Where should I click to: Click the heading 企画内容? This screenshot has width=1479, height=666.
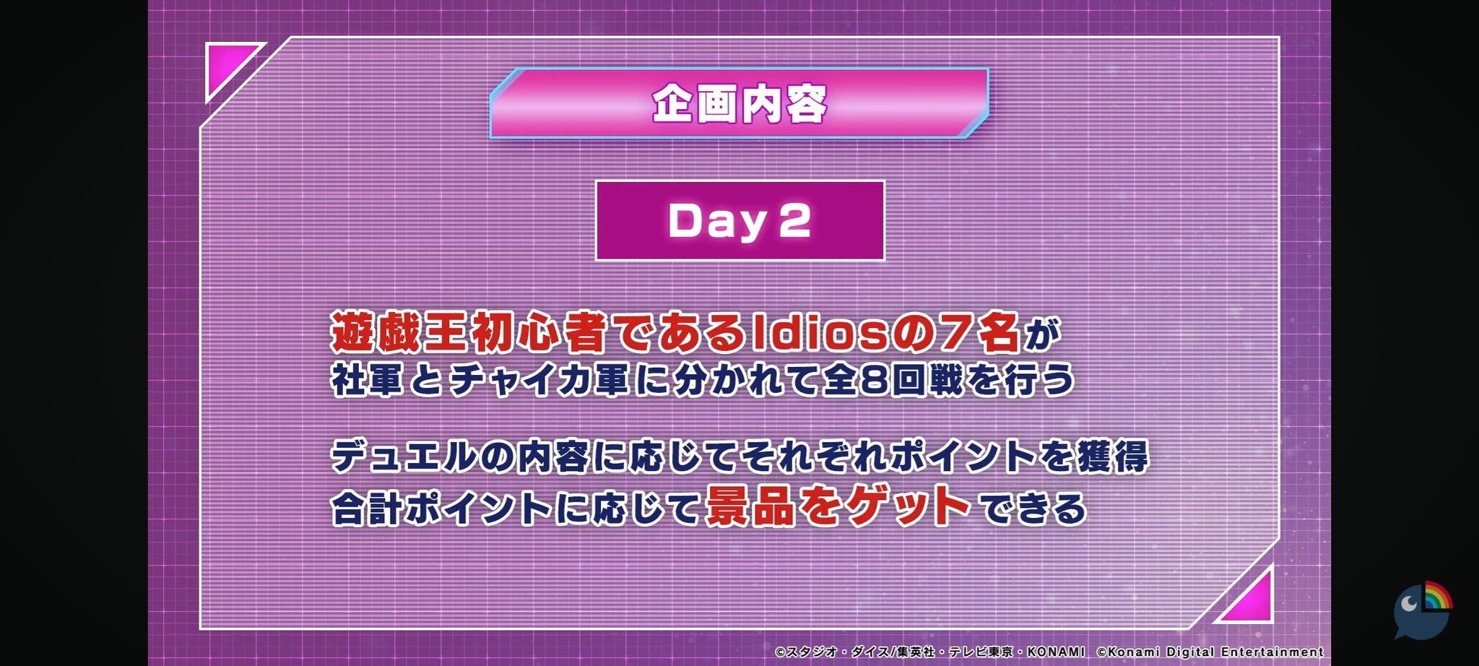739,104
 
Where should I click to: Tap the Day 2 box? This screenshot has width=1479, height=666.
739,220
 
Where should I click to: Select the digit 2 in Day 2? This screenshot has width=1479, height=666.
795,220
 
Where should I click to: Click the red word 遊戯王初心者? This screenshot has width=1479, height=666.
469,332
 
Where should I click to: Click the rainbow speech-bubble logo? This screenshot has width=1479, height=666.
1423,610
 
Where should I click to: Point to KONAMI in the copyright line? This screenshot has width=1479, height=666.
1056,652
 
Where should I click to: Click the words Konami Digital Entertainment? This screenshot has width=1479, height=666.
1215,652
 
